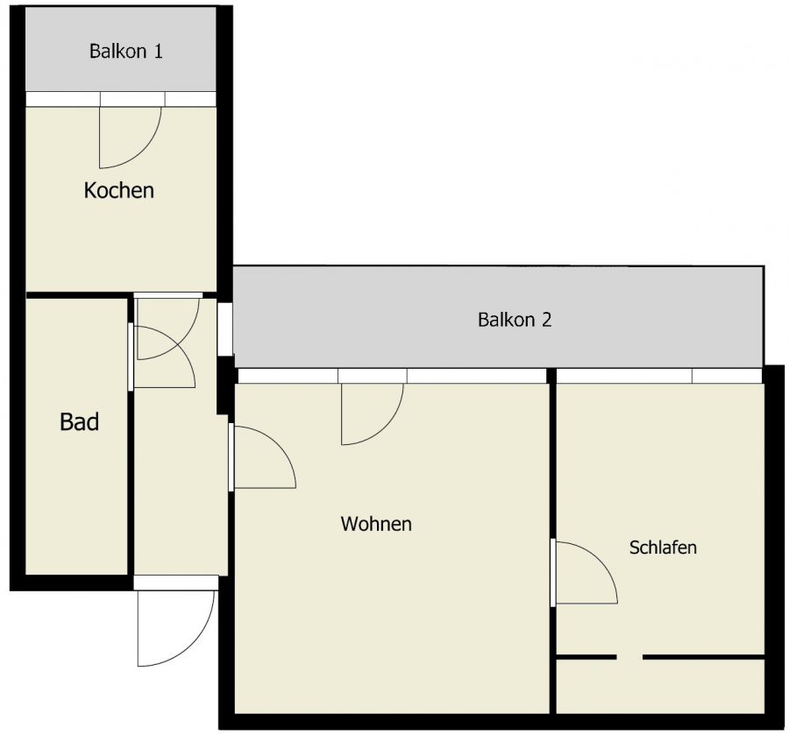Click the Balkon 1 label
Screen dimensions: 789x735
(x=125, y=52)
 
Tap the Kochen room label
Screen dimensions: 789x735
(x=118, y=190)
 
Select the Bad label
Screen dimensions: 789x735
(x=79, y=421)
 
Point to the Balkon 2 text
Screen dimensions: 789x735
(x=515, y=320)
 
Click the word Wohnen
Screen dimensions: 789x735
(x=376, y=524)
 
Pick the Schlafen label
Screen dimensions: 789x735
(x=663, y=547)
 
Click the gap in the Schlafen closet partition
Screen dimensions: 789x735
(x=629, y=657)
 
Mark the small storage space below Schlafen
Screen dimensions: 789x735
(x=660, y=686)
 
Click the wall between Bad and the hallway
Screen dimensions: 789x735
(x=131, y=436)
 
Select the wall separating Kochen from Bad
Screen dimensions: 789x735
(x=76, y=295)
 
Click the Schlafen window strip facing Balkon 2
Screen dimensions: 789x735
(x=659, y=376)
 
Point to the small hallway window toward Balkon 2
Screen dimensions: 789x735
(x=224, y=329)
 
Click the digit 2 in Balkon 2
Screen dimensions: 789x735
(x=546, y=320)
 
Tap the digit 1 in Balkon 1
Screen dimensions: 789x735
(x=158, y=52)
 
